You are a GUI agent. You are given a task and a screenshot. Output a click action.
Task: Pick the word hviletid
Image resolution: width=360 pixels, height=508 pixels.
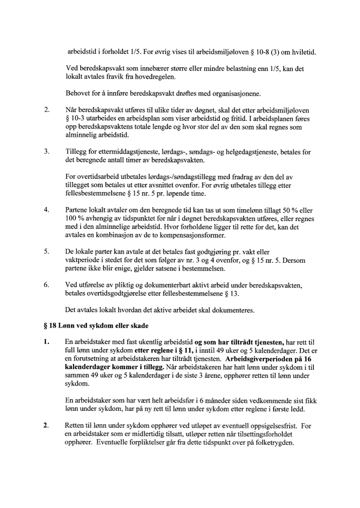coord(303,52)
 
